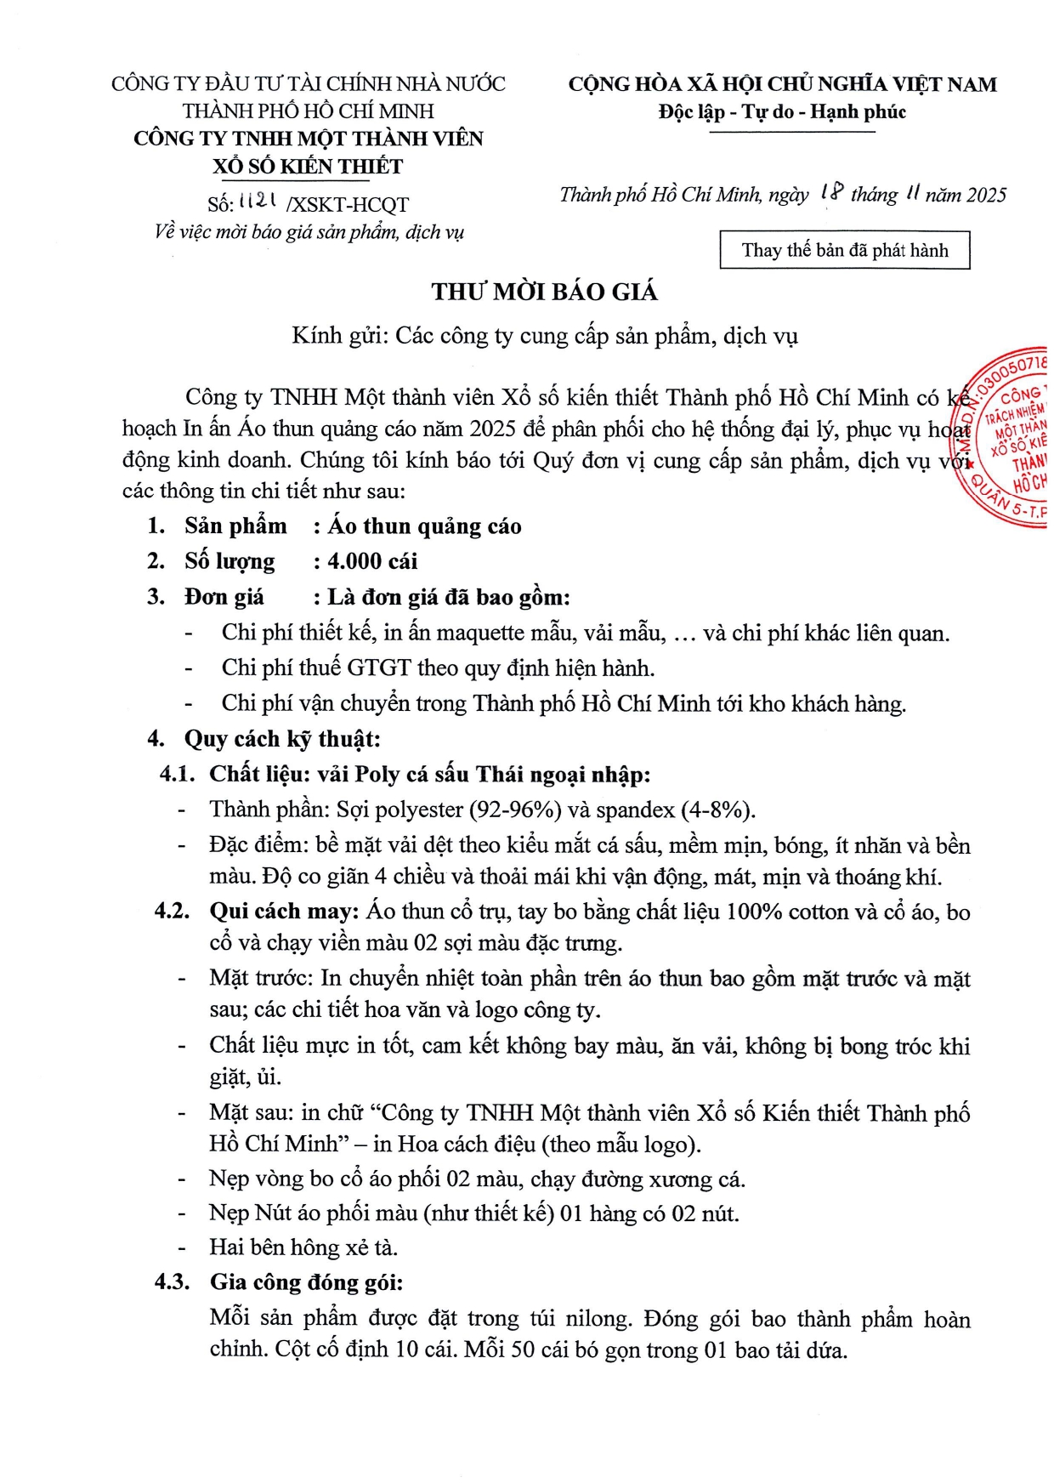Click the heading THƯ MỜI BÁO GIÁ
coord(544,293)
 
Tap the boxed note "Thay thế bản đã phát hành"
coord(844,250)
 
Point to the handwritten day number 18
coord(831,194)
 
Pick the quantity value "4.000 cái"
coord(372,561)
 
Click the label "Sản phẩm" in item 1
coord(235,526)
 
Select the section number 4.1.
coord(178,775)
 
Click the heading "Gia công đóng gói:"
coord(306,1282)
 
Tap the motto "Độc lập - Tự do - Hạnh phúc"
coord(782,112)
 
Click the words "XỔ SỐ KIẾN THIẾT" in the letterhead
coord(308,167)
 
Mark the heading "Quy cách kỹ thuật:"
coord(282,739)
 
